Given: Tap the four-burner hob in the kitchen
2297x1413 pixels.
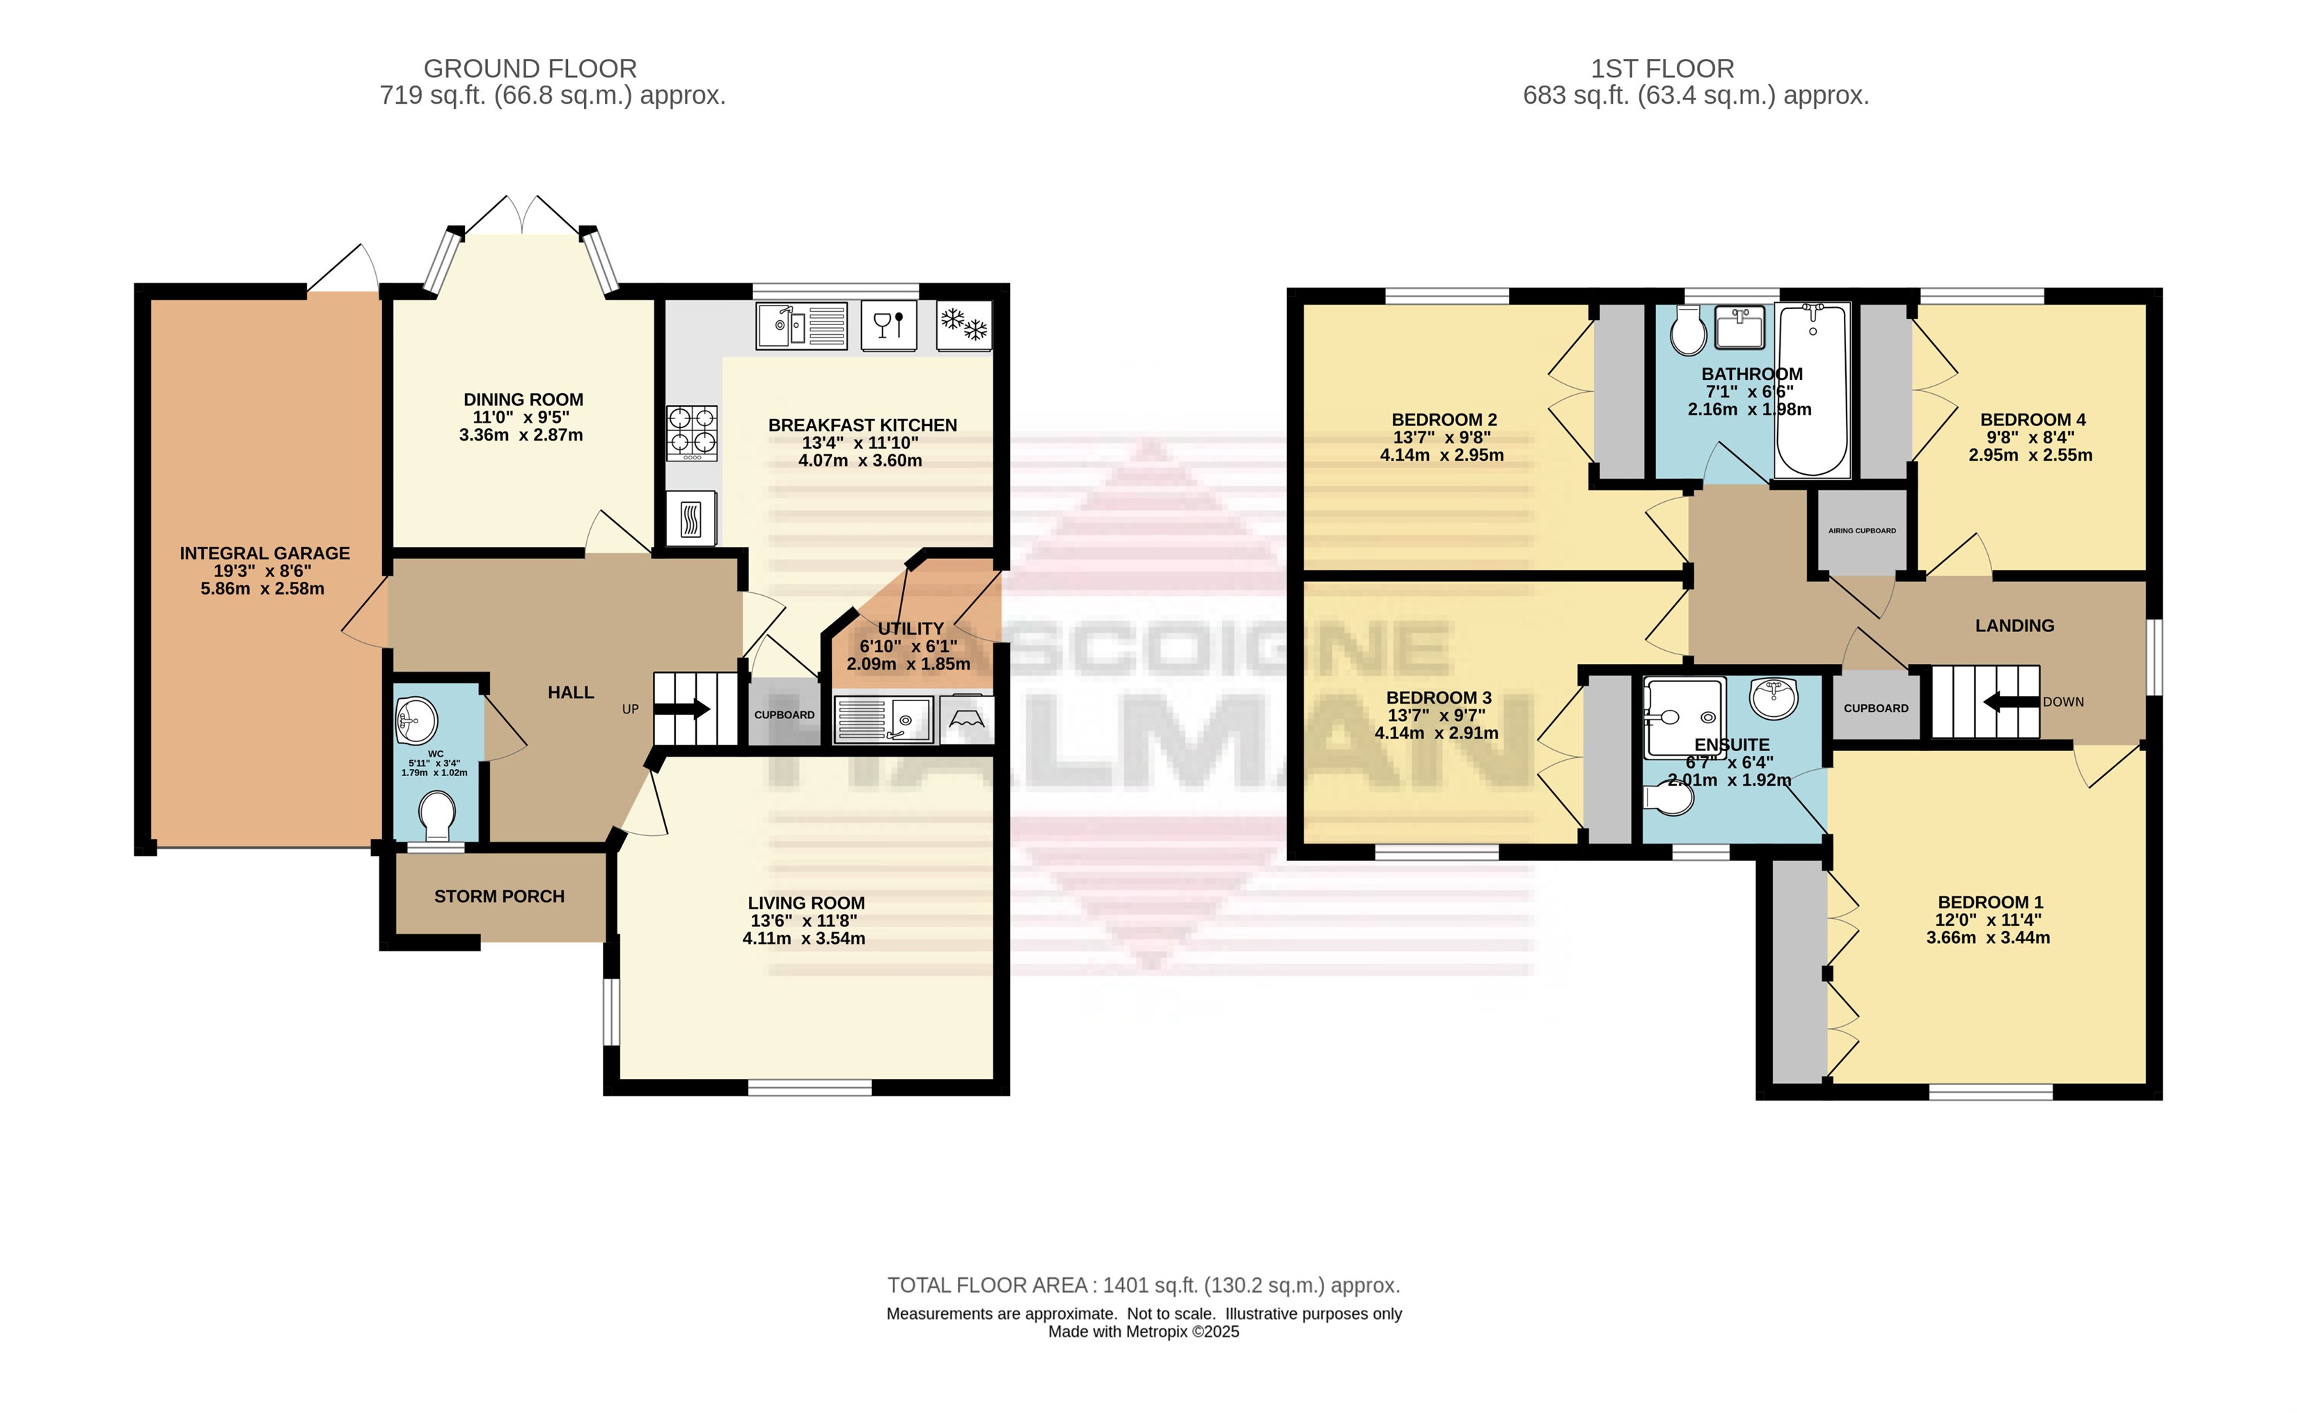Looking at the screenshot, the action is click(x=691, y=434).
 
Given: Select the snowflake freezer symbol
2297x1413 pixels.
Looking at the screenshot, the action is click(x=963, y=325).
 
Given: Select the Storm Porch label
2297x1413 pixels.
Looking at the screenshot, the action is click(x=499, y=897).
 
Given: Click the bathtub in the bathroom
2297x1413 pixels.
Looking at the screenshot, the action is click(x=1812, y=390).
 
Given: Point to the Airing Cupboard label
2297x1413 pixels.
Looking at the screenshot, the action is click(x=1863, y=531).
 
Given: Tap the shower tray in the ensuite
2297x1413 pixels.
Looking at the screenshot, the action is click(x=1684, y=718).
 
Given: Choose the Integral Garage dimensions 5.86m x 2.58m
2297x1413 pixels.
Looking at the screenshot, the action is click(x=262, y=589).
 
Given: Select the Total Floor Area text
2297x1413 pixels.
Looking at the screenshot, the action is click(x=1144, y=1286).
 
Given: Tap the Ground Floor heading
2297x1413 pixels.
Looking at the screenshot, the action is click(x=530, y=68).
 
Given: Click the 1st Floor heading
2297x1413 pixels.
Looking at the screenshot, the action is click(x=1662, y=68).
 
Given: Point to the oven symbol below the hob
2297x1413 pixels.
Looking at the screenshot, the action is click(x=691, y=519).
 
